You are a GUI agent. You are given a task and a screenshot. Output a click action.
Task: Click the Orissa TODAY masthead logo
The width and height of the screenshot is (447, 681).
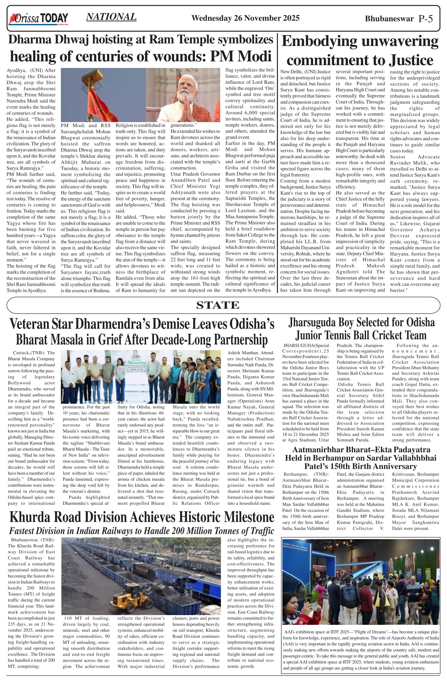point(39,19)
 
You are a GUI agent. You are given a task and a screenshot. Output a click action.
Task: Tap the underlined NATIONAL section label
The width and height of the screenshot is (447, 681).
point(111,17)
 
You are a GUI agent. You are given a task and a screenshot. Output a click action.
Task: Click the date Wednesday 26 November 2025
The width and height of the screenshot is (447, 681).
point(245,18)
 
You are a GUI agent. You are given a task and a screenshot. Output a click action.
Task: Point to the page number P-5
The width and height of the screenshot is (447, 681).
point(425,19)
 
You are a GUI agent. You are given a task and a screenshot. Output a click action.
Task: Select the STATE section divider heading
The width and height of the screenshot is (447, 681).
point(218,305)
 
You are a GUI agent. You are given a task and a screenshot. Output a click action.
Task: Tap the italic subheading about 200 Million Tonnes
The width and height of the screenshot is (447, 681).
point(142,531)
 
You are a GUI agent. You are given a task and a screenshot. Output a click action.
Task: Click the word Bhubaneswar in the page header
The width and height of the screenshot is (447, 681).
point(389,19)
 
